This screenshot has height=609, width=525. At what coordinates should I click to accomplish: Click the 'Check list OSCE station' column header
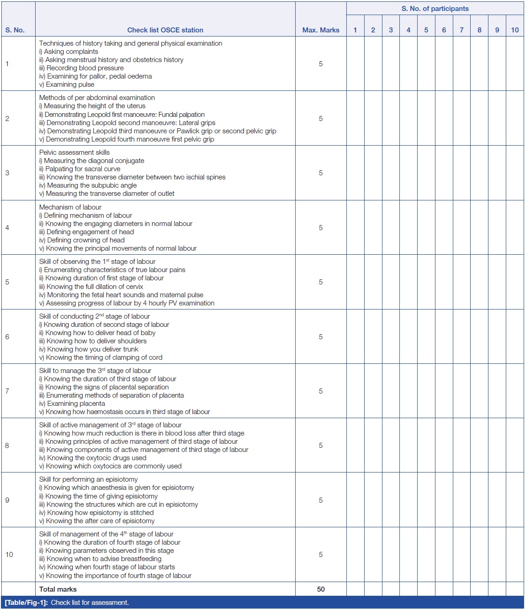(x=165, y=30)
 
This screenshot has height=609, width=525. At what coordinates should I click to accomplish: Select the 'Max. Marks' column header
(x=320, y=30)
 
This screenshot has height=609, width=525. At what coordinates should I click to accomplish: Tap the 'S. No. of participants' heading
(x=435, y=9)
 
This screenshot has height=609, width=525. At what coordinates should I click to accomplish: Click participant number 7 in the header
(x=461, y=30)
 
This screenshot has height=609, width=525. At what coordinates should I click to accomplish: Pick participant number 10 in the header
(x=514, y=30)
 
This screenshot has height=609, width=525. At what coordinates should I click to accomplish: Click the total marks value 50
(x=320, y=589)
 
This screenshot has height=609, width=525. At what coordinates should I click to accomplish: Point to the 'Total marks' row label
(x=58, y=589)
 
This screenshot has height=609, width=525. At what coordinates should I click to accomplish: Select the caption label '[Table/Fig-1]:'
(x=26, y=603)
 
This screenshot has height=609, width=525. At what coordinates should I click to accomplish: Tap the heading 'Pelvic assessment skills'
(x=74, y=152)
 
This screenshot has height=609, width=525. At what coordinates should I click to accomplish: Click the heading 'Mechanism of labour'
(x=70, y=207)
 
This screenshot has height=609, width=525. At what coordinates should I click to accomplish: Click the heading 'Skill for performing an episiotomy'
(x=88, y=479)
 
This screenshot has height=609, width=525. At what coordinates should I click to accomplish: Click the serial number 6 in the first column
(x=7, y=337)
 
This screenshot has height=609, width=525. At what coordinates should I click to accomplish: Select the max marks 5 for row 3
(x=320, y=173)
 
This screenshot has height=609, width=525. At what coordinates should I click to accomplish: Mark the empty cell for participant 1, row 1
(x=355, y=64)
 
